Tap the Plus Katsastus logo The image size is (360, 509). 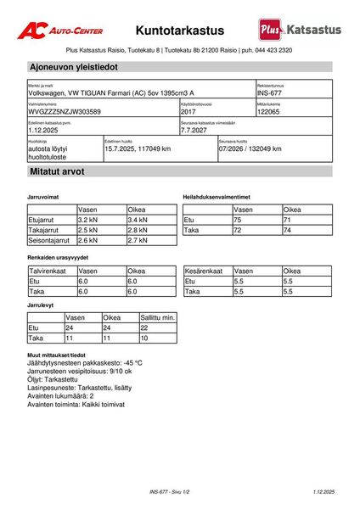point(301,30)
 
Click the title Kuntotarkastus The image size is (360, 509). point(179,30)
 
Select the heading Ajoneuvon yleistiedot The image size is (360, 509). point(74,66)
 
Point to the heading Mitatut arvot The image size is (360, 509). point(57,171)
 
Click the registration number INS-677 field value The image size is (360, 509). point(269,93)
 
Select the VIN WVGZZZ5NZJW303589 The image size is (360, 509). point(65,112)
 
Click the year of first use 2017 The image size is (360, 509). point(188,112)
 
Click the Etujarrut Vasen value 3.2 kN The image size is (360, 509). point(89,220)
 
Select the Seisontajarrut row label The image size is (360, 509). point(49,240)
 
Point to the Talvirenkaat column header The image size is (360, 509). point(48,271)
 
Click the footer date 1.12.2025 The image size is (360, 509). point(323,492)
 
